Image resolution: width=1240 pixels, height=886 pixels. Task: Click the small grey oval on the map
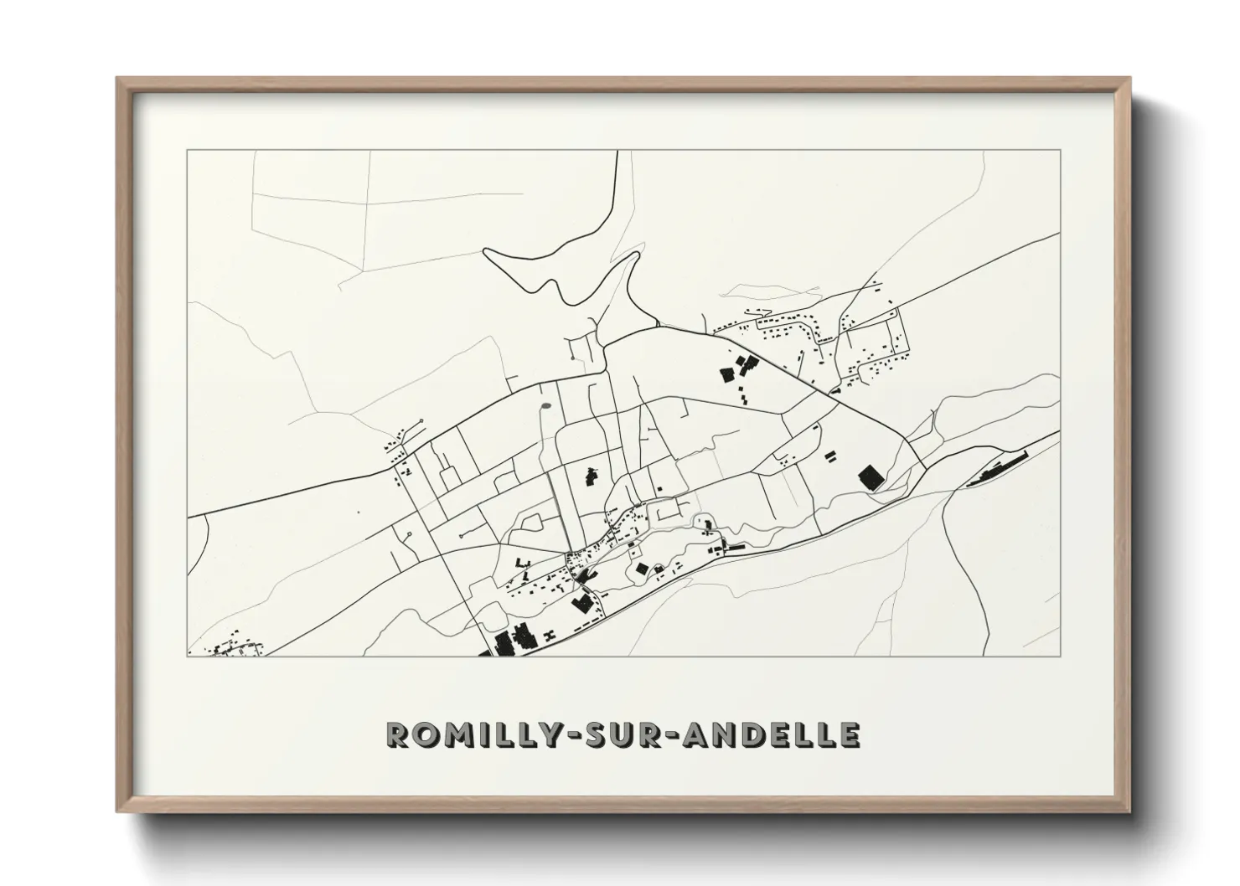click(x=546, y=408)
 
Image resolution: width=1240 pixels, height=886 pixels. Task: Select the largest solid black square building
click(x=871, y=478)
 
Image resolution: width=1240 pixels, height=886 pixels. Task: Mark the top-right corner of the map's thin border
click(x=1061, y=150)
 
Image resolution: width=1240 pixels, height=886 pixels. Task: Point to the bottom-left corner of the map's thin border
click(x=187, y=657)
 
